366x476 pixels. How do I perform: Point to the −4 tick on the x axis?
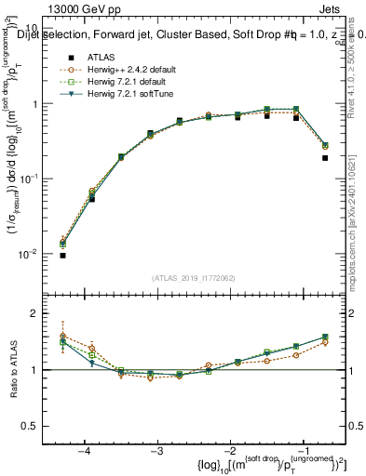coord(84,450)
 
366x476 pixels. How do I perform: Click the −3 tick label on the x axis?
coord(157,450)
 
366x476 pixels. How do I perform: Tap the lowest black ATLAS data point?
coord(62,256)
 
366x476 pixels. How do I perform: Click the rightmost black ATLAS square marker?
coord(325,158)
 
